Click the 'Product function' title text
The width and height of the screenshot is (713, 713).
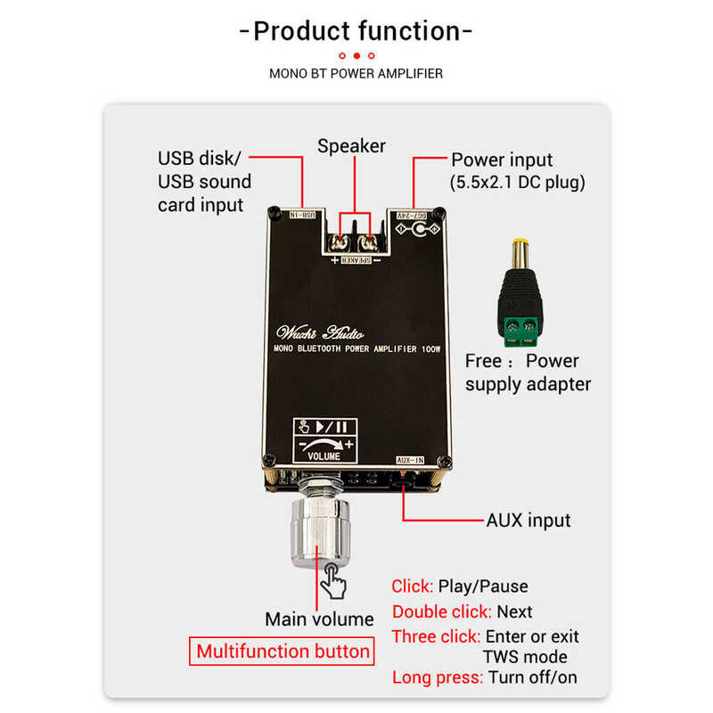coord(356,32)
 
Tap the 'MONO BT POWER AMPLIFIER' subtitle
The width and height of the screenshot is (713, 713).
coord(356,73)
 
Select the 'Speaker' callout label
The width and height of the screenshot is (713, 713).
coord(352,146)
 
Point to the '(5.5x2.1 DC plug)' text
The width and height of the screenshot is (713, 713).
coord(518,184)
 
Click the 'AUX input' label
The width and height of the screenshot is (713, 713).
coord(528,520)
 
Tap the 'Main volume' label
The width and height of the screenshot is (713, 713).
coord(319,619)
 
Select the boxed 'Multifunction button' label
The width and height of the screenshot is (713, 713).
coord(283,651)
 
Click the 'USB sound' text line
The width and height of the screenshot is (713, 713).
coord(204,182)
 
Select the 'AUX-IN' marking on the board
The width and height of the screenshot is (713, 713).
coord(411,459)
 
